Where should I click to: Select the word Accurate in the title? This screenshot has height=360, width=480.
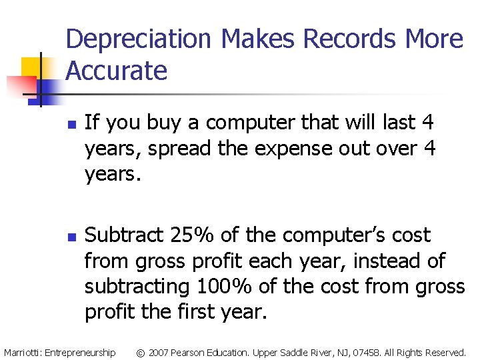[x=117, y=70]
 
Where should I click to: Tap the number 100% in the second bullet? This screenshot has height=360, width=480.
[x=224, y=287]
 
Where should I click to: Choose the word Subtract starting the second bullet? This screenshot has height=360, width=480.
[x=125, y=235]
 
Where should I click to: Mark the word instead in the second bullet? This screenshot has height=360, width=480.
[x=383, y=261]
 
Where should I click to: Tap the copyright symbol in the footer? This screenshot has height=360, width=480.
[x=140, y=352]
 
